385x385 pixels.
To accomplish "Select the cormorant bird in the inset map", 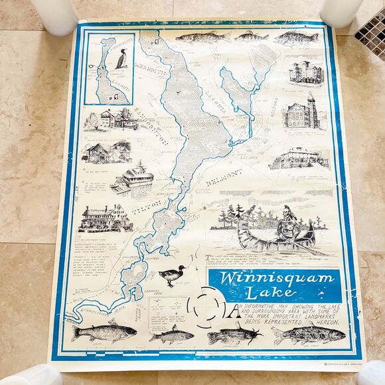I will (121, 59).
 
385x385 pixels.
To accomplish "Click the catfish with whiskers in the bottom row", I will (228, 336).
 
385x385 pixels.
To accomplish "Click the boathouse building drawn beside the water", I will (133, 177).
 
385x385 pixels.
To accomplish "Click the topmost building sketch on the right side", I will (305, 72).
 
